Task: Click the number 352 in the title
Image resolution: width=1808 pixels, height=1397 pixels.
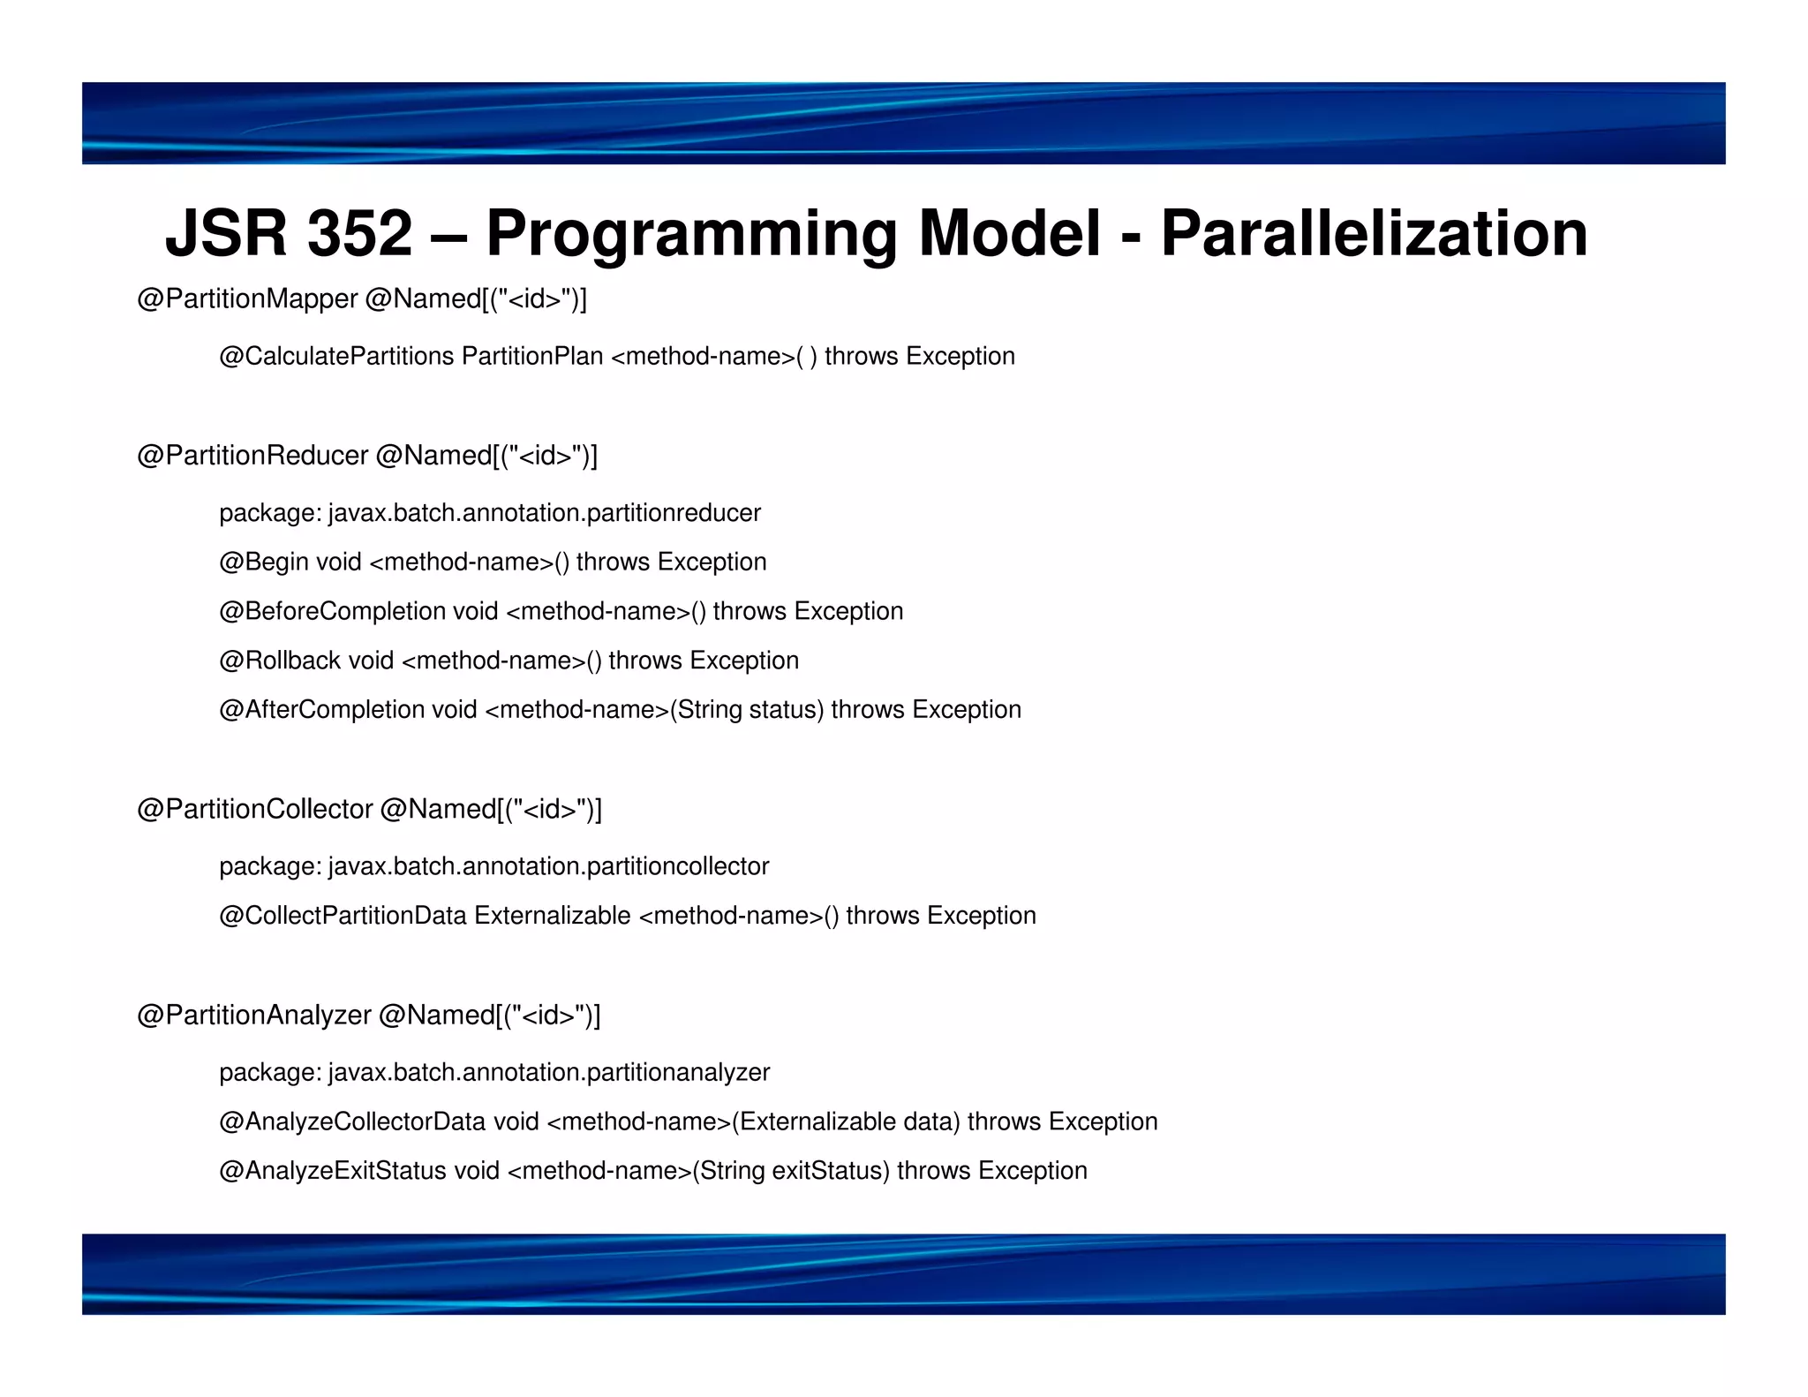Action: [359, 234]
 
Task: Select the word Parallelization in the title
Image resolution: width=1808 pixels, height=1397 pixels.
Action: [1374, 234]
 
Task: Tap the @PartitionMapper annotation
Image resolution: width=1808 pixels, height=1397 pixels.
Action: [247, 299]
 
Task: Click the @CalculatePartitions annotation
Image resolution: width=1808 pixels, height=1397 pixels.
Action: [336, 357]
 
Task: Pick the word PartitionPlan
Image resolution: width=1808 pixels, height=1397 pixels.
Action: [532, 357]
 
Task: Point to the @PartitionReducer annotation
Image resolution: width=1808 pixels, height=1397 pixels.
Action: [252, 456]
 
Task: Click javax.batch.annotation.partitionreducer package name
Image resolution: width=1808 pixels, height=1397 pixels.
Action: [544, 513]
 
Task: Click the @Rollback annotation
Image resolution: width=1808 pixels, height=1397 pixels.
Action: [280, 661]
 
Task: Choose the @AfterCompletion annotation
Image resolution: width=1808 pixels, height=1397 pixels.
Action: [321, 710]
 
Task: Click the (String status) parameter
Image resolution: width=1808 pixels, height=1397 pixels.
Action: [747, 710]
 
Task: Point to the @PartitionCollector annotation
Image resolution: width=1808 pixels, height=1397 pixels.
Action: [255, 810]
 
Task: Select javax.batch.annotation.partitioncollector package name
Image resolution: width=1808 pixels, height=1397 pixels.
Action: [548, 866]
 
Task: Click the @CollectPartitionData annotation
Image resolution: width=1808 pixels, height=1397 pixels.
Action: [343, 916]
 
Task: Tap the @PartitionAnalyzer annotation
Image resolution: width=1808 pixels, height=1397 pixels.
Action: [254, 1016]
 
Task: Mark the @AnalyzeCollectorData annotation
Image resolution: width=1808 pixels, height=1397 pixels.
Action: [352, 1121]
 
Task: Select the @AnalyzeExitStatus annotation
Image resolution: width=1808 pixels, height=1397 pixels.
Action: [333, 1171]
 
